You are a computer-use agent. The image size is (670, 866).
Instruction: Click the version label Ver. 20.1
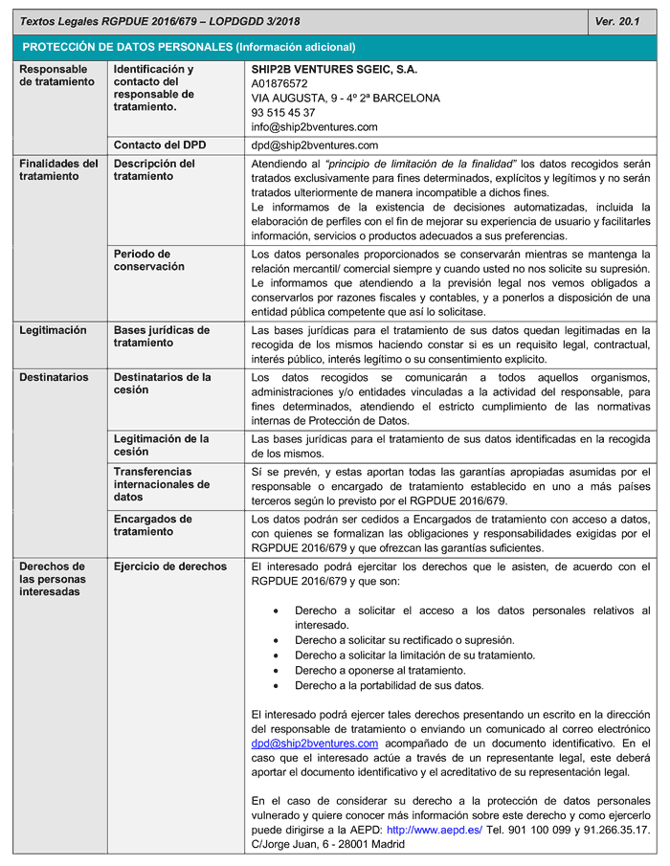click(617, 20)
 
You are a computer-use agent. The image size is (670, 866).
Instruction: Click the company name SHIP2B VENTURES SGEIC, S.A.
click(334, 70)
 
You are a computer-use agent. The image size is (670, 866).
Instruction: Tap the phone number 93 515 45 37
click(283, 113)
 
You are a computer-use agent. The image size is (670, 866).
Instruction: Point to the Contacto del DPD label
click(161, 145)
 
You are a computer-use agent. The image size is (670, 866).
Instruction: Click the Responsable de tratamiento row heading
click(57, 76)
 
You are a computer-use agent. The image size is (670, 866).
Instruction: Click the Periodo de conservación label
click(149, 260)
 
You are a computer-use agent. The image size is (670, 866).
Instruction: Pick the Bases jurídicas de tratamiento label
click(162, 337)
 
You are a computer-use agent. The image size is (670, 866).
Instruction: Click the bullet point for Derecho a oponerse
click(277, 671)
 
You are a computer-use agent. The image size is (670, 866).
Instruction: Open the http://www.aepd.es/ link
click(435, 830)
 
